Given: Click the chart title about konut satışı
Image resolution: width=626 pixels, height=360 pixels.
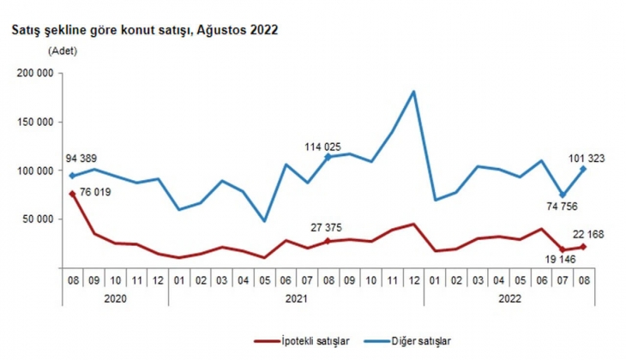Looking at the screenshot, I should click(x=144, y=29).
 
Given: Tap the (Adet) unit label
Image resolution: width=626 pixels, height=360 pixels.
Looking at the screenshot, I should click(x=63, y=51).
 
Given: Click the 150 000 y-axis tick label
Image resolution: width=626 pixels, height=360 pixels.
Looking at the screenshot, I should click(x=37, y=123).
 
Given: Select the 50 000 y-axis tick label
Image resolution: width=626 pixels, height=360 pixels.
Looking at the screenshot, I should click(x=39, y=219).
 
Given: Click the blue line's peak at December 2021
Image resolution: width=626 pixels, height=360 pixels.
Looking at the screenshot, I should click(x=414, y=92).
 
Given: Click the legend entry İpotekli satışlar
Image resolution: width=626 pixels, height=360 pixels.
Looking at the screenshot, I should click(x=310, y=341).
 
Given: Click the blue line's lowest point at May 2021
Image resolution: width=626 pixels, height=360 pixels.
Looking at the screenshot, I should click(x=264, y=221).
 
